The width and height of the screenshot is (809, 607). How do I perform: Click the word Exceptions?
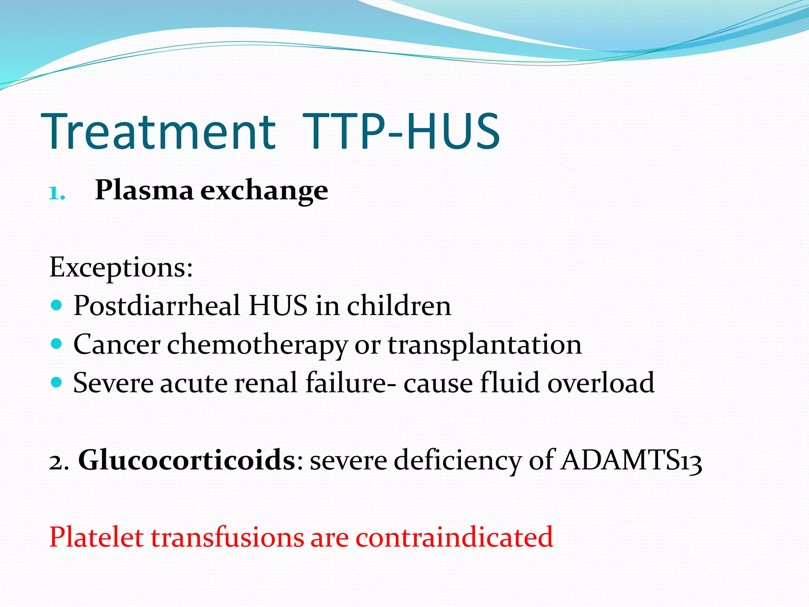click(121, 268)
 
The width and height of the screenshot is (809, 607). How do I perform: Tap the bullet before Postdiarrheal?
click(57, 305)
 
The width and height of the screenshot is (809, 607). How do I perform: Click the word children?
click(399, 306)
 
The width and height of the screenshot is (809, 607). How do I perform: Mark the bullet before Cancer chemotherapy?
click(57, 343)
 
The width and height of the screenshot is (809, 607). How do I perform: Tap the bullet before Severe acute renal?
click(57, 382)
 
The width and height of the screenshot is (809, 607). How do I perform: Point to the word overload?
click(601, 383)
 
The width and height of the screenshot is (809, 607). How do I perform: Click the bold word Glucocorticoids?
click(186, 460)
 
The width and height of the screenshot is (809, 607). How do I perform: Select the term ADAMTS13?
click(631, 460)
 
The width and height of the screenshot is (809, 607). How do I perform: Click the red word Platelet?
click(96, 537)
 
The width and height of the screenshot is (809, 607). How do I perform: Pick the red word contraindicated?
click(454, 537)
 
